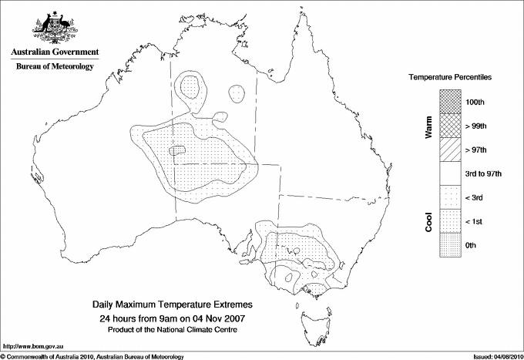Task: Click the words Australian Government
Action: (54, 53)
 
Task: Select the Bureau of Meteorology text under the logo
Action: (54, 66)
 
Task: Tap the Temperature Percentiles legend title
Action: (451, 78)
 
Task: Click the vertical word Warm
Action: (429, 126)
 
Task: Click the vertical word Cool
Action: (429, 221)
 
